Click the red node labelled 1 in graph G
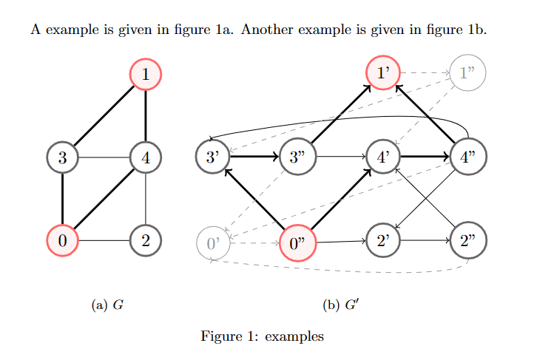click(146, 74)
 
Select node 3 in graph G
click(62, 157)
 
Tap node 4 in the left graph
click(146, 157)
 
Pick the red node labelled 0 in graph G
click(62, 240)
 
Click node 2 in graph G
click(146, 240)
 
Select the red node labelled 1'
click(384, 73)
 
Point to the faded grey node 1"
click(467, 73)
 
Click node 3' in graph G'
click(212, 157)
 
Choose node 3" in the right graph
click(297, 157)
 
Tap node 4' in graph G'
click(384, 157)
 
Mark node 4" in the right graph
click(467, 157)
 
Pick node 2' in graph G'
click(384, 240)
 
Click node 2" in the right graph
click(467, 240)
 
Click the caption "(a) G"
click(107, 305)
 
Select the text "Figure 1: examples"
click(262, 336)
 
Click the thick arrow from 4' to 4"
click(425, 157)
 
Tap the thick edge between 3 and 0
click(62, 199)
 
